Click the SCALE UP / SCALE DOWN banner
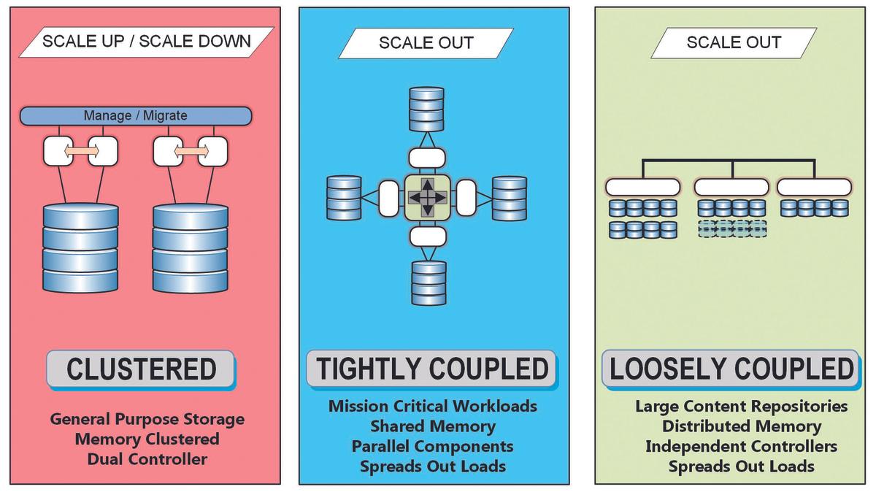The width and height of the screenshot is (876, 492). click(146, 42)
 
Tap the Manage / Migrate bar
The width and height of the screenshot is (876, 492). click(136, 115)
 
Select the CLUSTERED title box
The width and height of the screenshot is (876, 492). click(141, 369)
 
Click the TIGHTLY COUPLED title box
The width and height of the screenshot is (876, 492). click(431, 369)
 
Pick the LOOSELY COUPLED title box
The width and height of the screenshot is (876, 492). click(731, 369)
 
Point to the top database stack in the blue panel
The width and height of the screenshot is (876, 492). click(428, 109)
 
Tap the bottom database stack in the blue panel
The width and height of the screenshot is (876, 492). click(429, 283)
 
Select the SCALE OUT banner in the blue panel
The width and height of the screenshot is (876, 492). click(426, 42)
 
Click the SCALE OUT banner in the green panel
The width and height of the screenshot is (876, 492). click(734, 42)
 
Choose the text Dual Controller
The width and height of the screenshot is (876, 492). click(147, 459)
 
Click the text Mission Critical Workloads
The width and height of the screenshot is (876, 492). click(433, 406)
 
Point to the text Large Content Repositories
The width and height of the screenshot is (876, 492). click(741, 406)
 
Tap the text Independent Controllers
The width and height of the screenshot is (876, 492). click(741, 446)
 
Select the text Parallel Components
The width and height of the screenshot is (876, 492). click(433, 446)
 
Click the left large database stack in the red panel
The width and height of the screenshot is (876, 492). click(80, 248)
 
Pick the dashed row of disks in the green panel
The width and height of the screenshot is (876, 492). click(732, 229)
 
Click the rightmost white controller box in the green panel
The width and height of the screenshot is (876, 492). click(814, 188)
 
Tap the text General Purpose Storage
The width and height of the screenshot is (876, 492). click(147, 419)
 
